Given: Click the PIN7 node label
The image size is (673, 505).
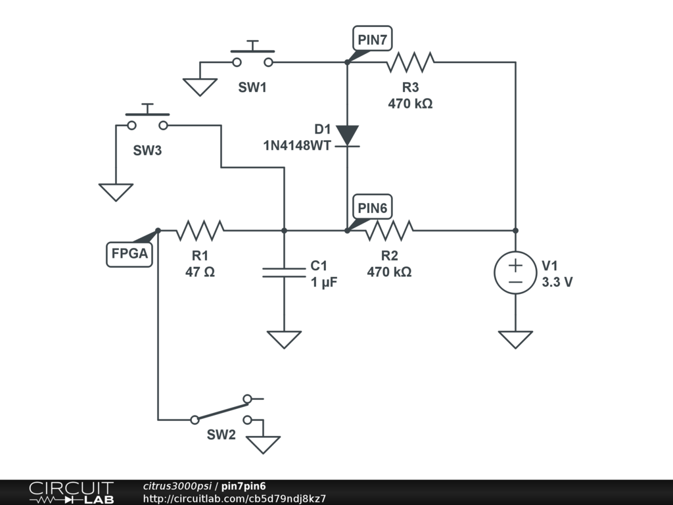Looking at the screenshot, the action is click(x=372, y=39).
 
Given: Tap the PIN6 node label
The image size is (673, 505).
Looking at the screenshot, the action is click(x=372, y=207).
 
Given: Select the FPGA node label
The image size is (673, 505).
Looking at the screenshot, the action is click(x=129, y=254).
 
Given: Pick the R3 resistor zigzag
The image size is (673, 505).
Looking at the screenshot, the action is click(x=410, y=62).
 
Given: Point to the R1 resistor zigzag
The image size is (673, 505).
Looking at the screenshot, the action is click(x=200, y=231).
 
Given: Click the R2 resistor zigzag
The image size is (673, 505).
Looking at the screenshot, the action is click(x=389, y=231).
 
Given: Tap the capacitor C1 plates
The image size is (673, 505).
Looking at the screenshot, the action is click(x=284, y=272).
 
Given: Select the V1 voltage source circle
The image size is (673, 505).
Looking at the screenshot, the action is click(x=515, y=273).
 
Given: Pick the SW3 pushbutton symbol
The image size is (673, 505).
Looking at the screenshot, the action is click(x=147, y=118).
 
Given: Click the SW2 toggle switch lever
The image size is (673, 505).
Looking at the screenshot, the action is click(x=221, y=409).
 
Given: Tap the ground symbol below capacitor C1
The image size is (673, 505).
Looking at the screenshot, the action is click(x=284, y=339).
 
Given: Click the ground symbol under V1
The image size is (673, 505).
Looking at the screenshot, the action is click(x=515, y=339).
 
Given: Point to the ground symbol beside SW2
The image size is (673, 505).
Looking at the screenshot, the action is click(x=263, y=445).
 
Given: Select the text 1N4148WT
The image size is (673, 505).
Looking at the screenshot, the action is click(x=297, y=145).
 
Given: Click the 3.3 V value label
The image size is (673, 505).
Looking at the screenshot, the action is click(x=557, y=282).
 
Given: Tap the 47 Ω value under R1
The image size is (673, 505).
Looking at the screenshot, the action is click(x=200, y=272).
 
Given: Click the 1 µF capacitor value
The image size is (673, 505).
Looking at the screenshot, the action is click(x=324, y=283).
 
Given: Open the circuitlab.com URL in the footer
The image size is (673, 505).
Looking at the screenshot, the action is click(x=235, y=498).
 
